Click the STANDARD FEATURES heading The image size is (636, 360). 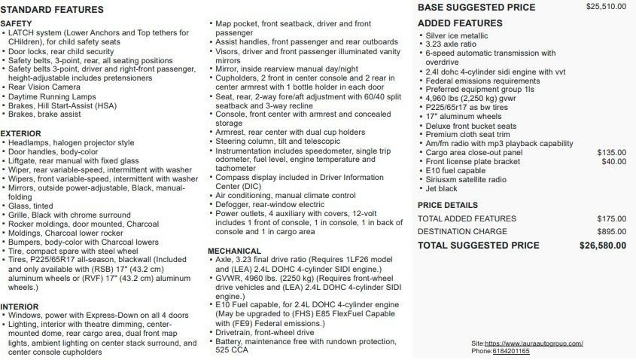(x=52, y=10)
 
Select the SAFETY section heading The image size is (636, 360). (x=16, y=24)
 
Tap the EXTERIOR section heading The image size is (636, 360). (x=21, y=133)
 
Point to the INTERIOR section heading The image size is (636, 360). (x=20, y=307)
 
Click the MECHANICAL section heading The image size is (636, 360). (x=234, y=251)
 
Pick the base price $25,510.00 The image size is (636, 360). (x=606, y=7)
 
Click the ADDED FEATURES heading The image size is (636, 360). (x=460, y=23)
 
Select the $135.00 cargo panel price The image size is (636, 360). (x=611, y=152)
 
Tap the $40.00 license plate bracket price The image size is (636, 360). (x=613, y=161)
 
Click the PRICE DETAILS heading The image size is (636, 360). (x=447, y=205)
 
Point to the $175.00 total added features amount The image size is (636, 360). (x=611, y=218)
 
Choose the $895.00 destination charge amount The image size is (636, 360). (x=611, y=231)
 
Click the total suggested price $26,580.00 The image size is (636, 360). (x=602, y=246)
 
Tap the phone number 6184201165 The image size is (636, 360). (x=511, y=351)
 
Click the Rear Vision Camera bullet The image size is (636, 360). (x=44, y=87)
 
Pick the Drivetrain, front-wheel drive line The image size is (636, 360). (x=265, y=332)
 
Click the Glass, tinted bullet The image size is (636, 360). (x=31, y=206)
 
